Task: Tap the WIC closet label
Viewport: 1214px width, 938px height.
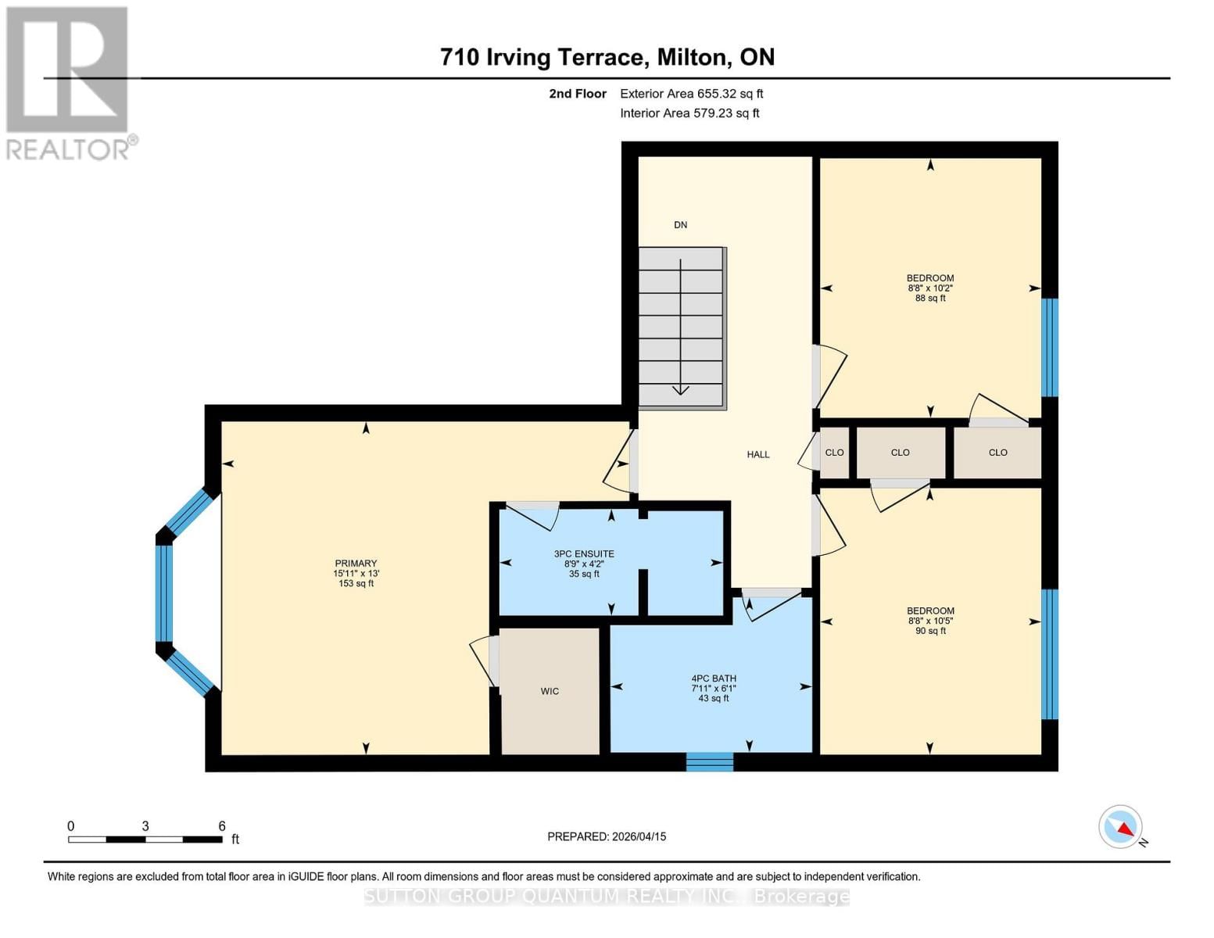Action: (550, 691)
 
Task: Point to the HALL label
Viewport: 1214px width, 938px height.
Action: (757, 454)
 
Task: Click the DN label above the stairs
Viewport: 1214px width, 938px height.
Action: (680, 225)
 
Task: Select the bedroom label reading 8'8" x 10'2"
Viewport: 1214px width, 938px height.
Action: (929, 288)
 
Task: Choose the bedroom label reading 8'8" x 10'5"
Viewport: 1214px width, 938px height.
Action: (929, 621)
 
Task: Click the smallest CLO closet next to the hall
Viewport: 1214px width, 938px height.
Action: (834, 453)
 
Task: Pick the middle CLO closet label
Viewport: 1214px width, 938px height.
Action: (900, 453)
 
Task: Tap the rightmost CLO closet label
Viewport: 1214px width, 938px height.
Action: (997, 453)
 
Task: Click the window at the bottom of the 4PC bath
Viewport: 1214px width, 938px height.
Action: (710, 761)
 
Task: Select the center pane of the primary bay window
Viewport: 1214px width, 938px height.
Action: (164, 592)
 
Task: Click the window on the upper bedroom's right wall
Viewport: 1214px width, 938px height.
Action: (1050, 347)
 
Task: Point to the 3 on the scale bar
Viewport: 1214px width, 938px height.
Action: (145, 826)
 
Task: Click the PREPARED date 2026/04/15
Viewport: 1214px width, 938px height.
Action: (607, 836)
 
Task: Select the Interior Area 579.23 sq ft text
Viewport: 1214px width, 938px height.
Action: (689, 113)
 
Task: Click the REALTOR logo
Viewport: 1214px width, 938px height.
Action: (69, 83)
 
